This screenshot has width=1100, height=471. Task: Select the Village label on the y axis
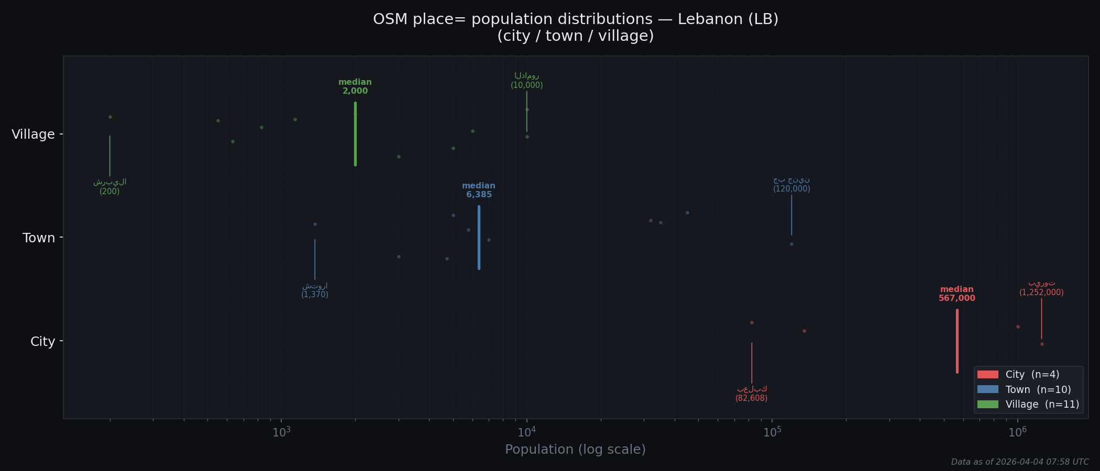pyautogui.click(x=33, y=134)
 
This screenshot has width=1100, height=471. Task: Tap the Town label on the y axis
pyautogui.click(x=39, y=238)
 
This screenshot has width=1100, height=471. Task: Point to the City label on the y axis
pyautogui.click(x=42, y=342)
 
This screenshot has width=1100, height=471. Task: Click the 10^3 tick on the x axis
pyautogui.click(x=281, y=432)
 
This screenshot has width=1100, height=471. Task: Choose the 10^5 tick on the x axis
pyautogui.click(x=772, y=432)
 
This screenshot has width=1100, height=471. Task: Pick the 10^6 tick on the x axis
pyautogui.click(x=1017, y=432)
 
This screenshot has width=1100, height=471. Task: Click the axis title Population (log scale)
pyautogui.click(x=575, y=450)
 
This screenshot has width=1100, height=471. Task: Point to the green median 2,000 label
pyautogui.click(x=355, y=87)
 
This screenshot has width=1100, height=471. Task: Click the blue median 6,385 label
pyautogui.click(x=479, y=190)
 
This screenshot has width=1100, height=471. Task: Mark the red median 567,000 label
pyautogui.click(x=956, y=294)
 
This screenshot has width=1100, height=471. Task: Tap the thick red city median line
pyautogui.click(x=957, y=341)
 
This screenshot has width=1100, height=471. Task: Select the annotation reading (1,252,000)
pyautogui.click(x=1041, y=293)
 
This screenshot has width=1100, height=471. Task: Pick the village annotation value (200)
pyautogui.click(x=109, y=192)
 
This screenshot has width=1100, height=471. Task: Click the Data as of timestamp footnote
pyautogui.click(x=1020, y=462)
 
